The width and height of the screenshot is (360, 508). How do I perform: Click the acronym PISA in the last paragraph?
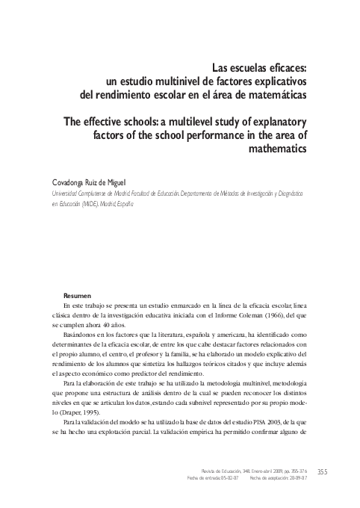(x=249, y=424)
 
